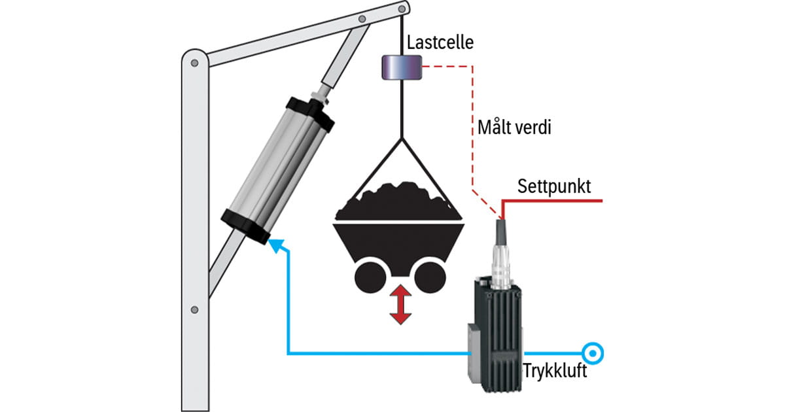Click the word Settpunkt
[554, 186]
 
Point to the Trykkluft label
[555, 371]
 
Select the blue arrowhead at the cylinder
[277, 246]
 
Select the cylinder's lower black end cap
[245, 226]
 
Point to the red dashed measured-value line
[472, 131]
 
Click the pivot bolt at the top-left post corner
[194, 63]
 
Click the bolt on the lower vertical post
[194, 309]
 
